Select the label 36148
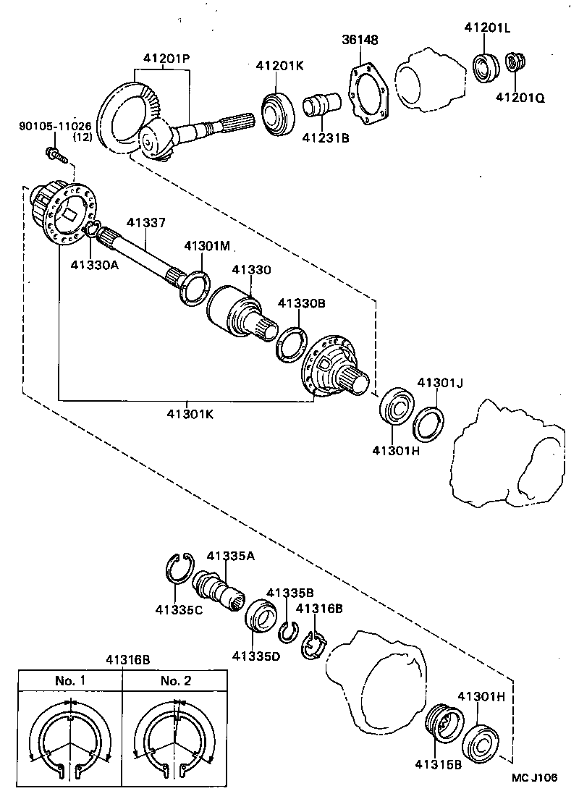click(360, 40)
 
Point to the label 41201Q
click(520, 96)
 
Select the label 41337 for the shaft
click(147, 223)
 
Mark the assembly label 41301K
click(190, 414)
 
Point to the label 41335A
click(230, 556)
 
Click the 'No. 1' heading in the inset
click(70, 680)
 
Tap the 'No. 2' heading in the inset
click(175, 680)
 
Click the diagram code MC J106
click(535, 777)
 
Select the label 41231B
click(326, 137)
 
